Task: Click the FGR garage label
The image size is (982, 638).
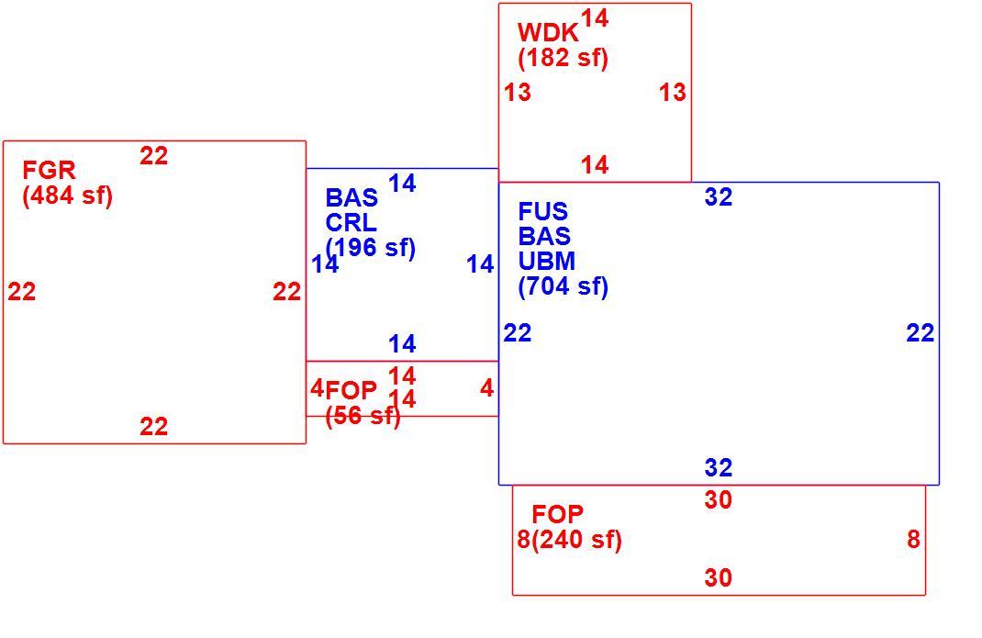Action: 49,171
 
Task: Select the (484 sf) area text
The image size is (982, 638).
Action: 68,196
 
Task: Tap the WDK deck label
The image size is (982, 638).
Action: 548,33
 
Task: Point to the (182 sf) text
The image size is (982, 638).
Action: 563,58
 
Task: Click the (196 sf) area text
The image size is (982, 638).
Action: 370,248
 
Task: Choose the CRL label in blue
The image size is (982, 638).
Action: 351,222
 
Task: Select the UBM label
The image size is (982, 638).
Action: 546,261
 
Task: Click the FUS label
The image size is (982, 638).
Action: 542,211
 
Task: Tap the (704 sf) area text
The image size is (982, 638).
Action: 563,286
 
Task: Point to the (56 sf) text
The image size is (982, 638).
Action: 363,416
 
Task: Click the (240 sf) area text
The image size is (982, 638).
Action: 576,540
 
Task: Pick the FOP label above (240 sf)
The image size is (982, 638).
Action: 557,515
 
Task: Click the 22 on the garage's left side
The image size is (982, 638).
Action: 22,292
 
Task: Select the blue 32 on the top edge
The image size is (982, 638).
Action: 719,197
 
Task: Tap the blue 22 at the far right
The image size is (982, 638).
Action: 920,333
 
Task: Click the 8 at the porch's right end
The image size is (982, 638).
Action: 914,540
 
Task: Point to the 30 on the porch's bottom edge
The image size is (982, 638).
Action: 719,577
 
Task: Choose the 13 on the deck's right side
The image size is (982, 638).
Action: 673,93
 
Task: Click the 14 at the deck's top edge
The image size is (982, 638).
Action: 595,18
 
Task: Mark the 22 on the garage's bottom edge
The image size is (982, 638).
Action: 153,427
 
